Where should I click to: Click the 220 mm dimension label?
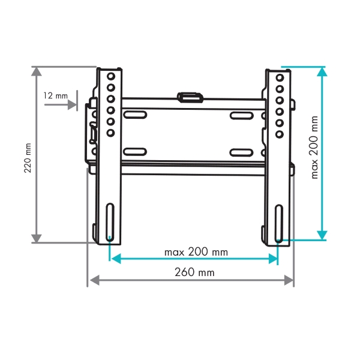coord(28,158)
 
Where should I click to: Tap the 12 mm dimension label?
coord(56,96)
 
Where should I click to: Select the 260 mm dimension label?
coord(194,272)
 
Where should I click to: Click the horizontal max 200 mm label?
coord(196,252)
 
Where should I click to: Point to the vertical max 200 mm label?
coord(314,148)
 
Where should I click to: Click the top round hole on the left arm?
coord(111,76)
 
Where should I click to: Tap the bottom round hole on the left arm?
coord(110,133)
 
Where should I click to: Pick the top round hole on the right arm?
coord(280,78)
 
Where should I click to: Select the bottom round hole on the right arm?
coord(280,134)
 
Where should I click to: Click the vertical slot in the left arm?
coord(110,222)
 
